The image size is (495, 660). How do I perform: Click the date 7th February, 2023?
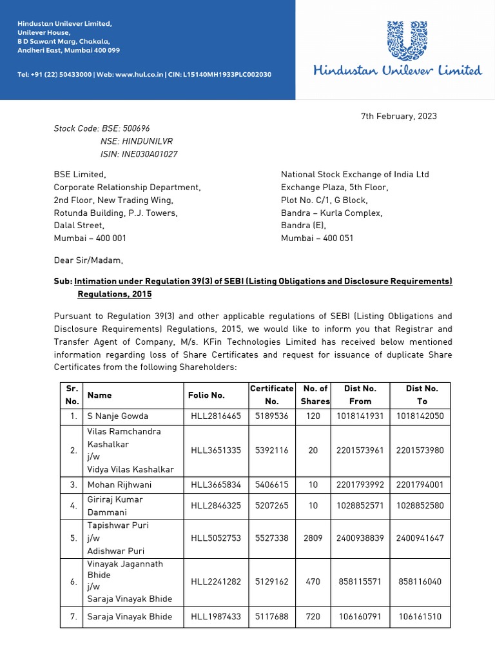click(398, 116)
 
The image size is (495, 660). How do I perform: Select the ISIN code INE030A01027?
click(139, 154)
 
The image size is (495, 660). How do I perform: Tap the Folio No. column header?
click(206, 395)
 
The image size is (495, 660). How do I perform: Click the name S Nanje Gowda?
click(118, 416)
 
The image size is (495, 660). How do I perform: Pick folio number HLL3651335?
click(215, 450)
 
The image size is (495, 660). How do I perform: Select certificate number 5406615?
click(271, 485)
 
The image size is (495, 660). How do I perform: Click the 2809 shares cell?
click(313, 538)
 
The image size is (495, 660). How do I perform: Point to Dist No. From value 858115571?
click(360, 581)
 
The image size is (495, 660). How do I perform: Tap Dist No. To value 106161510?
click(420, 617)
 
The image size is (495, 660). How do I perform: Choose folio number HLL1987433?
click(215, 617)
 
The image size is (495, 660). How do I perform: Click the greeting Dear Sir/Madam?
click(88, 261)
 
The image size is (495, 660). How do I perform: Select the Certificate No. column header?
click(271, 395)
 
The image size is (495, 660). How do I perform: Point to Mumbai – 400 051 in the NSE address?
click(317, 238)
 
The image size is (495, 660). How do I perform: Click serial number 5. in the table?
click(73, 538)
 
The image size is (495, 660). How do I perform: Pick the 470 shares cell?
click(313, 581)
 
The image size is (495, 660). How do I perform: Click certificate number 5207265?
click(271, 506)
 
